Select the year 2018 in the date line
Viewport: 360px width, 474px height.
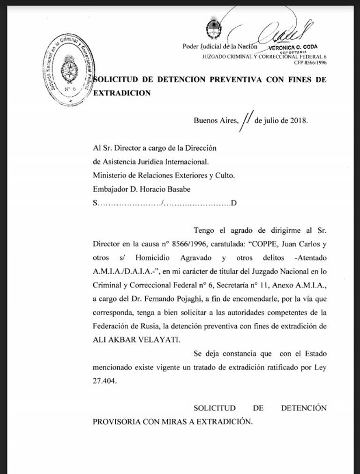point(298,120)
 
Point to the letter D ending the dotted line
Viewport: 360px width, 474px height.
point(233,203)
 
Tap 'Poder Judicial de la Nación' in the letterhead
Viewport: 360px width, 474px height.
point(220,46)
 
